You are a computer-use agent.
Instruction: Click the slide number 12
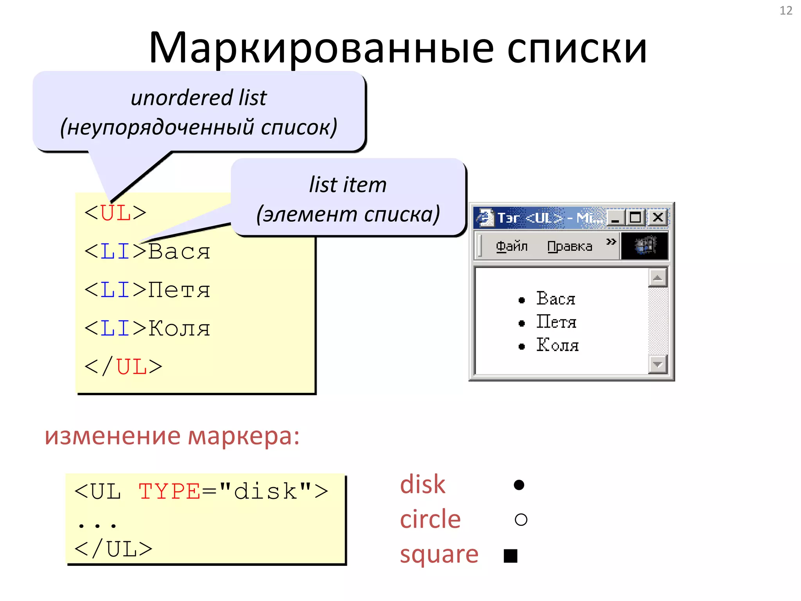(x=786, y=11)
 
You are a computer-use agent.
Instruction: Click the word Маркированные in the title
(x=321, y=48)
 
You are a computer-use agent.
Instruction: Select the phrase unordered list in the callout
(x=199, y=97)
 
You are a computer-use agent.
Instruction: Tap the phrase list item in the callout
(x=348, y=185)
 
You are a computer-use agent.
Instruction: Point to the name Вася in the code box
(x=179, y=252)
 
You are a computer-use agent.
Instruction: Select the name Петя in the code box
(x=179, y=290)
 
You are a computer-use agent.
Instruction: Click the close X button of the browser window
(x=658, y=217)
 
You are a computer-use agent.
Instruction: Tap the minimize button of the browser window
(x=615, y=218)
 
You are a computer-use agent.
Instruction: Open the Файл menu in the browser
(x=512, y=247)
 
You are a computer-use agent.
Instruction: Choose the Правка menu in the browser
(x=569, y=247)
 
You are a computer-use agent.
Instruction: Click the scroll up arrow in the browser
(x=657, y=278)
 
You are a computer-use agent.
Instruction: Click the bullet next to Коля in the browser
(x=521, y=346)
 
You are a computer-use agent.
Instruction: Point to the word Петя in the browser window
(x=556, y=322)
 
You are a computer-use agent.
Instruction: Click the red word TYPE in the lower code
(x=169, y=491)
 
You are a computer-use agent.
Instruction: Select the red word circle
(x=430, y=519)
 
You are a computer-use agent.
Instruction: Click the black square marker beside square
(x=510, y=556)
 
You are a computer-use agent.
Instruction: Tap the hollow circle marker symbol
(x=521, y=520)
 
